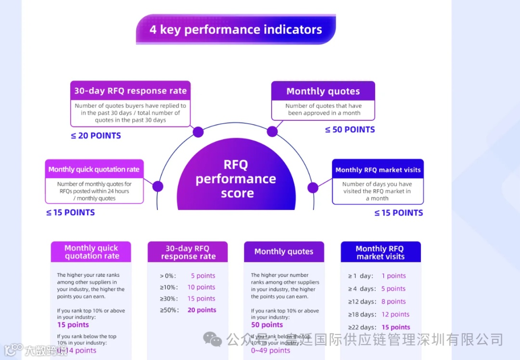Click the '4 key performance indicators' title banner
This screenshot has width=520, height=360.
click(235, 29)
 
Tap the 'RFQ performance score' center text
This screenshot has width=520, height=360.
click(236, 179)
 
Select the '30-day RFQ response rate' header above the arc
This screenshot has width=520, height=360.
click(130, 90)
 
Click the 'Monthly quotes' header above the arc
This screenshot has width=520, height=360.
click(323, 91)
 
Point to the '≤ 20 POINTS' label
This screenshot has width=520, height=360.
click(96, 136)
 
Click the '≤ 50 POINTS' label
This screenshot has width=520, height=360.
click(350, 129)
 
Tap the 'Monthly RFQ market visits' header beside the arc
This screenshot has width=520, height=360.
click(378, 169)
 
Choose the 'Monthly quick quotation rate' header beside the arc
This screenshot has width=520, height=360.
click(94, 169)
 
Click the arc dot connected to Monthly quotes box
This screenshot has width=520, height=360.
click(273, 131)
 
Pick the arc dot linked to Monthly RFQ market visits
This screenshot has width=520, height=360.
click(313, 188)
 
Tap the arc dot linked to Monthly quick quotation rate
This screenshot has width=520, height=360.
click(158, 186)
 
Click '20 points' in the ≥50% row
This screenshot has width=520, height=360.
click(202, 310)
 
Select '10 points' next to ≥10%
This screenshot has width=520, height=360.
click(201, 287)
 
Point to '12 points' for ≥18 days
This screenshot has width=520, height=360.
click(395, 314)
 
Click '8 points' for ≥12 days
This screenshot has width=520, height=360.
click(393, 301)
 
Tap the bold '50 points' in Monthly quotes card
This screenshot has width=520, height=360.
click(267, 325)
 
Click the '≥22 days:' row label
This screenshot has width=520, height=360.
click(362, 327)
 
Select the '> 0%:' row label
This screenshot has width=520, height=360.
click(168, 276)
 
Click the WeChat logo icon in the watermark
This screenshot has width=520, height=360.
click(212, 339)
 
